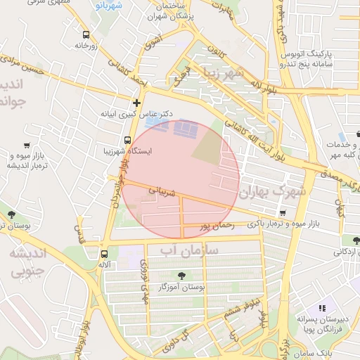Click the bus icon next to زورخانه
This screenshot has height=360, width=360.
pyautogui.click(x=86, y=34)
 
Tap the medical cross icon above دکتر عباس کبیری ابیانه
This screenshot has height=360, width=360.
pyautogui.click(x=136, y=102)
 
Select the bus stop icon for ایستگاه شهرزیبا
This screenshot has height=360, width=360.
pyautogui.click(x=127, y=140)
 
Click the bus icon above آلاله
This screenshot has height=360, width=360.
pyautogui.click(x=105, y=254)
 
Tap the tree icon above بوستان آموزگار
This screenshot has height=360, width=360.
pyautogui.click(x=182, y=276)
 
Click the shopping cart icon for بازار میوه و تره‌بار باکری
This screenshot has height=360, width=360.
pyautogui.click(x=282, y=213)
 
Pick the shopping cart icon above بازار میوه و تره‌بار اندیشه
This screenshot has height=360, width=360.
pyautogui.click(x=27, y=146)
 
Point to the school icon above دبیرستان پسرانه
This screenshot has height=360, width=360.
pyautogui.click(x=322, y=308)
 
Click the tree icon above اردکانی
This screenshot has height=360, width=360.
pyautogui.click(x=356, y=240)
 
